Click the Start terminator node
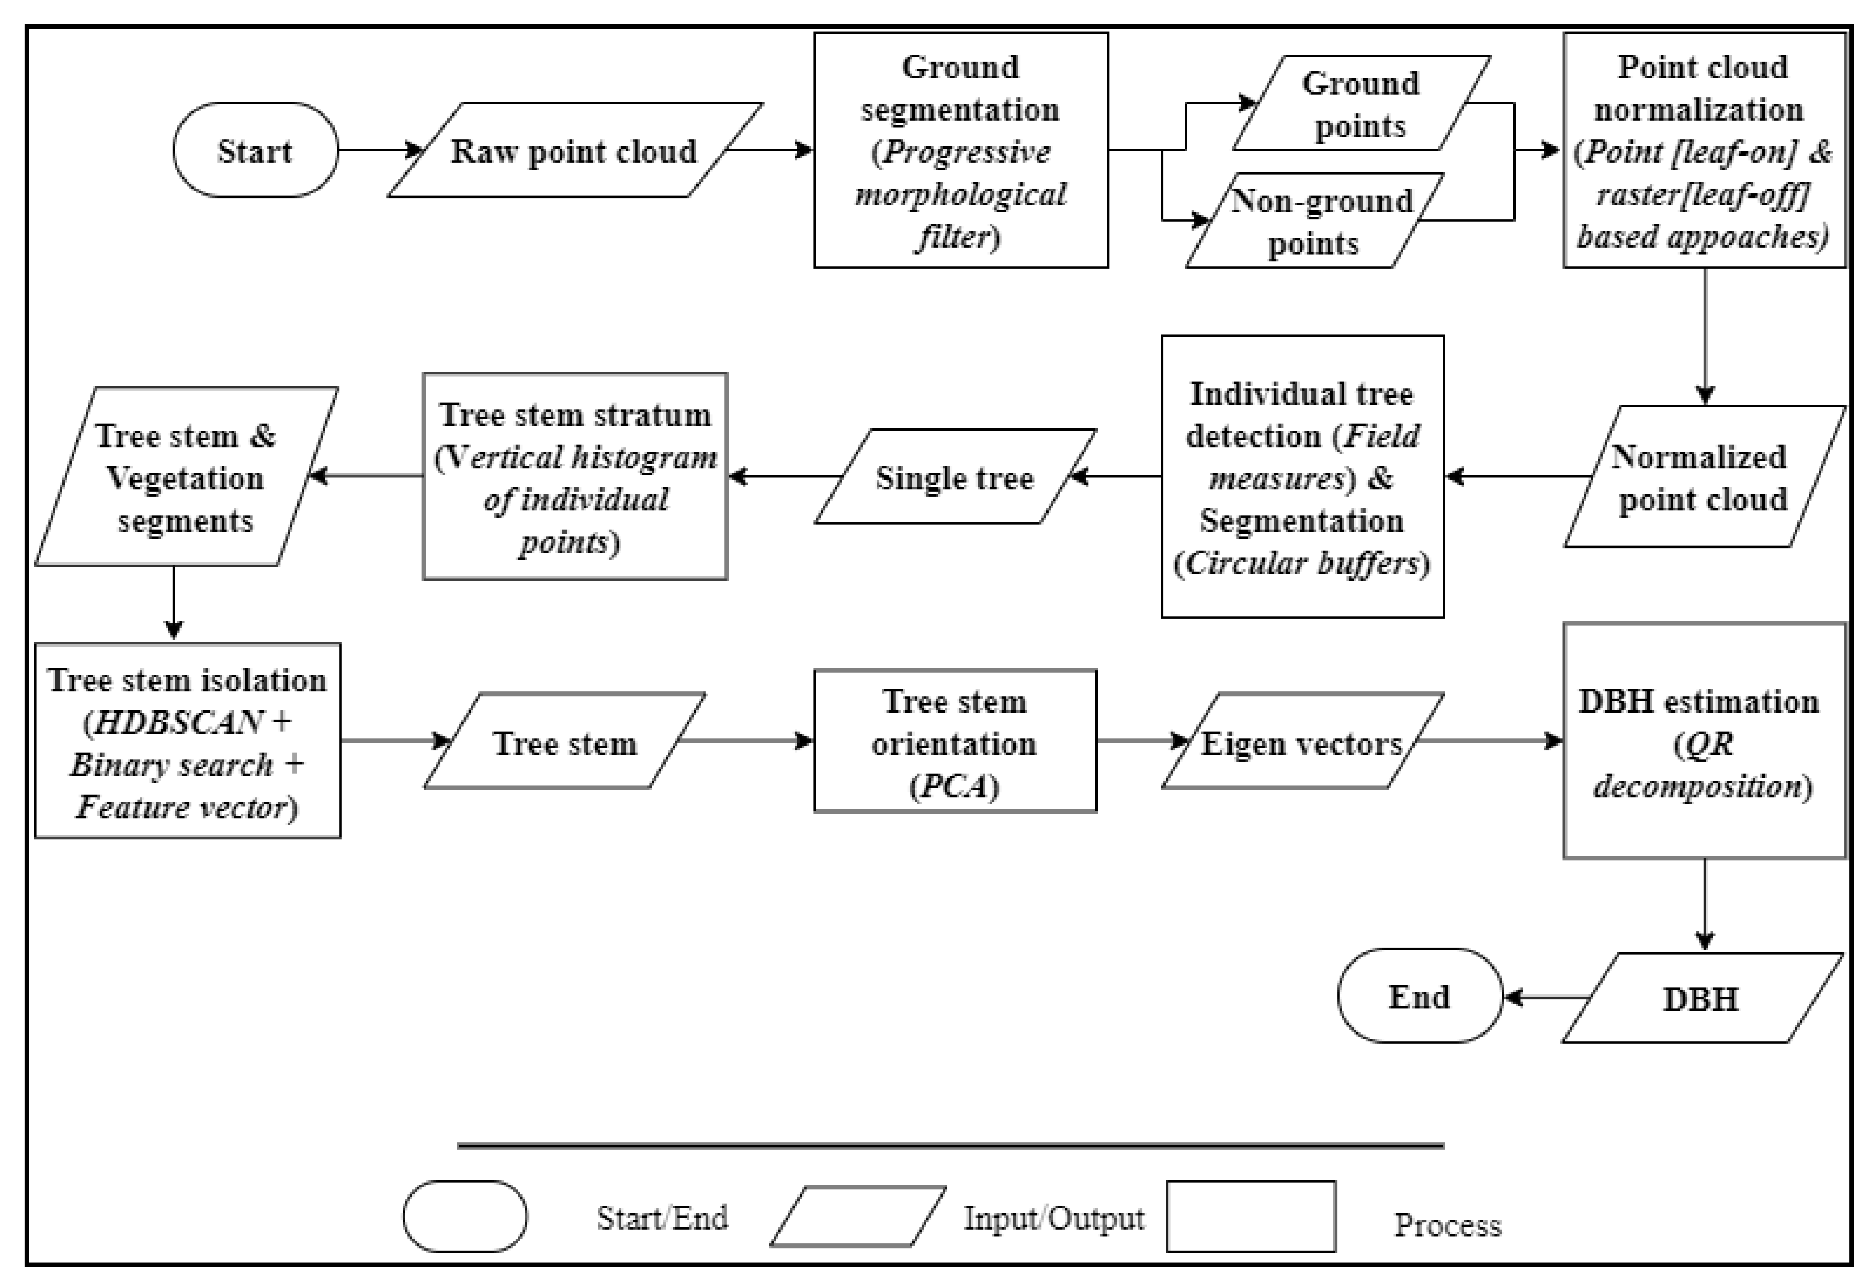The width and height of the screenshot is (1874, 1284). coord(255,150)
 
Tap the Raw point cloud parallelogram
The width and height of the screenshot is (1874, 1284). coord(574,150)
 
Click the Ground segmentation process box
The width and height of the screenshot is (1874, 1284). coord(961,150)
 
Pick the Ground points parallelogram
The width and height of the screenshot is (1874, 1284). coord(1361,103)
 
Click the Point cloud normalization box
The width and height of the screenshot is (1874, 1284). coord(1704,150)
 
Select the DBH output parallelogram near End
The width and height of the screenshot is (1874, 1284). coord(1701,998)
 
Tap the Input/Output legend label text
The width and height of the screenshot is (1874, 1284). coord(1053,1218)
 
